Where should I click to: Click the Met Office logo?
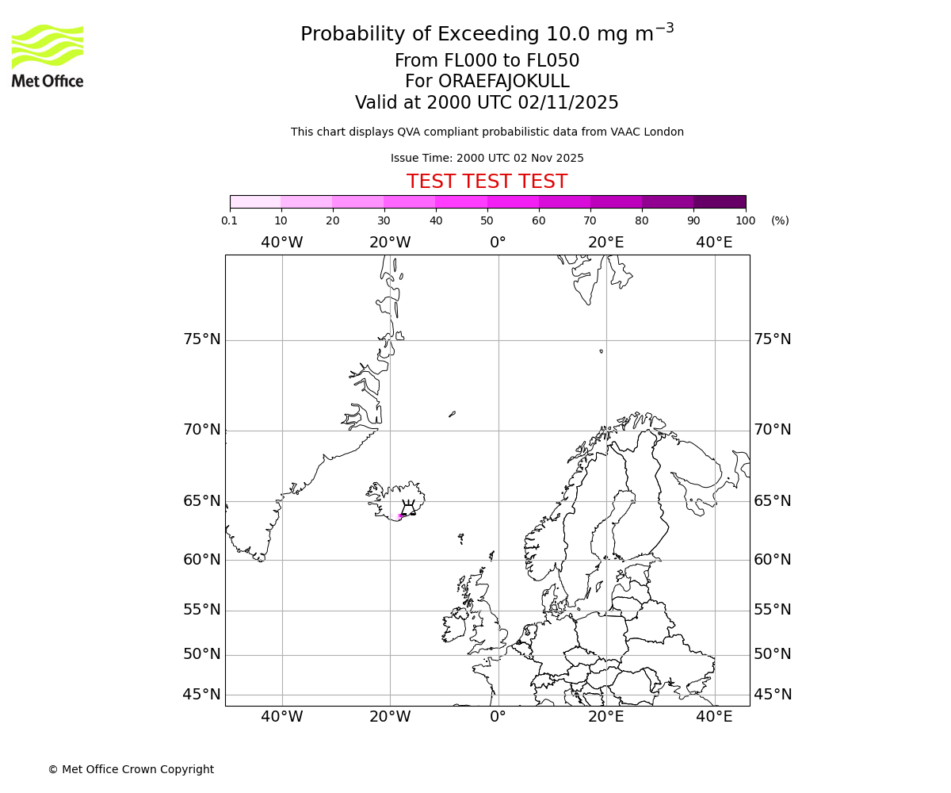(x=48, y=56)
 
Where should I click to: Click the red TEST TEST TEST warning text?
(x=487, y=182)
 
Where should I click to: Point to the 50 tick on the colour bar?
(x=487, y=220)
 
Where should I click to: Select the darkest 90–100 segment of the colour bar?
(x=720, y=201)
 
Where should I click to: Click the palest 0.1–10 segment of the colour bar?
(x=255, y=201)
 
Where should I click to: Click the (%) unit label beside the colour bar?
(x=780, y=220)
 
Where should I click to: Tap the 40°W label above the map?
(x=282, y=243)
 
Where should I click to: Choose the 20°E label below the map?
(x=606, y=717)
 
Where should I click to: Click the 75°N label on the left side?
(x=202, y=339)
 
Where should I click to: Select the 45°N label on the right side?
(x=772, y=695)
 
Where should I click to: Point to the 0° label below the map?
(x=498, y=717)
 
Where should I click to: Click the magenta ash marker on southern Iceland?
(x=399, y=515)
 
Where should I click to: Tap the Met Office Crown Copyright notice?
(x=131, y=769)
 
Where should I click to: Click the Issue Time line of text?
(x=487, y=158)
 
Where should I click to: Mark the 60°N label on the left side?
(x=202, y=560)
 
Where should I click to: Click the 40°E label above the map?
(x=714, y=243)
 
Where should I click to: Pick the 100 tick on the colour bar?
(x=746, y=220)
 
